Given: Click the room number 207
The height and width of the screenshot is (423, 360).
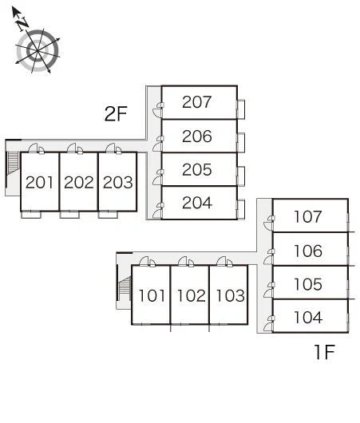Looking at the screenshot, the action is [x=196, y=102].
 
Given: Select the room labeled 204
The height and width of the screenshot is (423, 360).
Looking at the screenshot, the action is [x=197, y=203].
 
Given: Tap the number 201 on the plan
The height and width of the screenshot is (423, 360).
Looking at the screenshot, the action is [x=39, y=182].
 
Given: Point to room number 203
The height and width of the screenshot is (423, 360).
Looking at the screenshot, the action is [x=117, y=182].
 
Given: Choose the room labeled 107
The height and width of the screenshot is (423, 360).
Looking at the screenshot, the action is [x=308, y=216].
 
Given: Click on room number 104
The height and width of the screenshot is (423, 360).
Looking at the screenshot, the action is [x=308, y=318].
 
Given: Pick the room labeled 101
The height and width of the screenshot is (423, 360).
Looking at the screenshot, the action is [x=152, y=295].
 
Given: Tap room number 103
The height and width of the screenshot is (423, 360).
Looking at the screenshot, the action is [x=230, y=295].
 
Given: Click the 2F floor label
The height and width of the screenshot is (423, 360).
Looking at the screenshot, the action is [x=116, y=114].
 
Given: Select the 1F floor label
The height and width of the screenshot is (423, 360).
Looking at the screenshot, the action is [x=325, y=352].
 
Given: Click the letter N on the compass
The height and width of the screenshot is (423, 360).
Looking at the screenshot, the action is [x=22, y=24].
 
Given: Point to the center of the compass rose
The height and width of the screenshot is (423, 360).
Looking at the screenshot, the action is [x=37, y=50].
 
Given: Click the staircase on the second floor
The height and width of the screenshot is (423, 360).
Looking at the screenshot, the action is [x=13, y=164].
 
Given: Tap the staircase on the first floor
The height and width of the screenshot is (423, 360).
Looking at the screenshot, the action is [x=125, y=287].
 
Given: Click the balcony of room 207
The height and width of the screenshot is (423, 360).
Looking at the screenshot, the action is [x=241, y=109].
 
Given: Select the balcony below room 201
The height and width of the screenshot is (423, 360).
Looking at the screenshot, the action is [x=31, y=215].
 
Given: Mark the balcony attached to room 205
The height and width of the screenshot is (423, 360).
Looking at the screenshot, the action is [x=241, y=176].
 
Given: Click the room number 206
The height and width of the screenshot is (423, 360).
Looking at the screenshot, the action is [x=196, y=136].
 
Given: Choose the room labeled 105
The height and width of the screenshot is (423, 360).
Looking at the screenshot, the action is [x=308, y=284].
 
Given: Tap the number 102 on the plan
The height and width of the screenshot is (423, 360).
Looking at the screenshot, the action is [x=192, y=295].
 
